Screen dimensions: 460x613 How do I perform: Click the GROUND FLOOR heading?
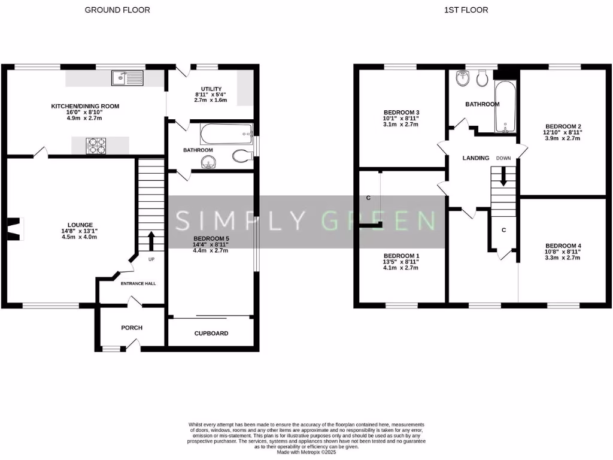pyautogui.click(x=117, y=10)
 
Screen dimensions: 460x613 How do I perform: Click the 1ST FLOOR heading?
pyautogui.click(x=466, y=10)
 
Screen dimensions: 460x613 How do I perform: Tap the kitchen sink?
pyautogui.click(x=127, y=77)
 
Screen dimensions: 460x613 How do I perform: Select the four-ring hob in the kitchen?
pyautogui.click(x=97, y=145)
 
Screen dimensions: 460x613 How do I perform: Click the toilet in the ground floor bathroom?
pyautogui.click(x=240, y=157)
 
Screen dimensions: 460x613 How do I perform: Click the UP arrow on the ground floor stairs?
pyautogui.click(x=150, y=241)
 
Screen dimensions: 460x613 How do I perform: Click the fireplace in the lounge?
pyautogui.click(x=13, y=228)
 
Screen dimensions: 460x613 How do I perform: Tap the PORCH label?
pyautogui.click(x=132, y=328)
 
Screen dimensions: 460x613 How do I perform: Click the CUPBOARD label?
pyautogui.click(x=211, y=333)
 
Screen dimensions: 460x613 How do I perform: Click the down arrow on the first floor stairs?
pyautogui.click(x=503, y=175)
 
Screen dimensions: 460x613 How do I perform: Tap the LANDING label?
pyautogui.click(x=476, y=158)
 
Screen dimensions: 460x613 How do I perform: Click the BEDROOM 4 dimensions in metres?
pyautogui.click(x=563, y=258)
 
